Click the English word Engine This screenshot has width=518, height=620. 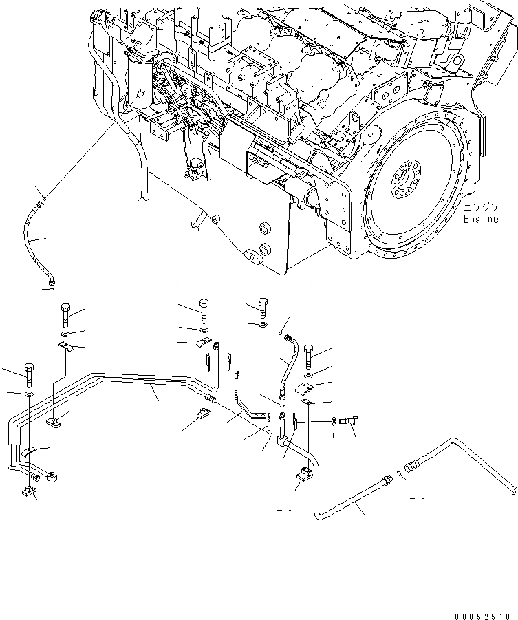(x=479, y=219)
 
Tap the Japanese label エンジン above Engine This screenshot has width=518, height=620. (x=479, y=207)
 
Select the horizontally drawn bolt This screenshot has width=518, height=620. (x=350, y=420)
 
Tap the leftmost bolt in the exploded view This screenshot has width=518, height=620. (x=29, y=372)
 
